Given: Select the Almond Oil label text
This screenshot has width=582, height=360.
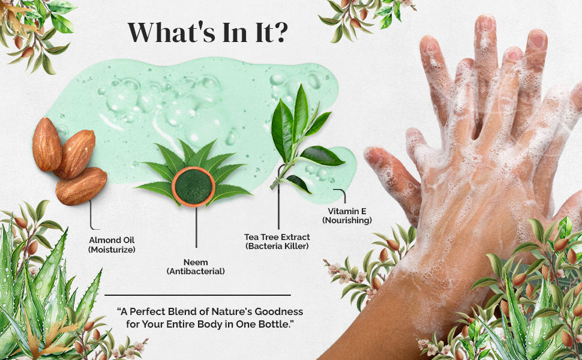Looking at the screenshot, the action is point(112,240).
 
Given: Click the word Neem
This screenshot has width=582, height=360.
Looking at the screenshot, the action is point(196,262).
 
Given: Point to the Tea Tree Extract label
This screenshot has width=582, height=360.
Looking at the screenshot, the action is point(277,237).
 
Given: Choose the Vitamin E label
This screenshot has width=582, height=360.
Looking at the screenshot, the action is point(347,211).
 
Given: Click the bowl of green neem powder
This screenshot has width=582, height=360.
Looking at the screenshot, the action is point(193,187).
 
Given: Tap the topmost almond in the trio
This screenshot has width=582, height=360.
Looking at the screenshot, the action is point(47,145).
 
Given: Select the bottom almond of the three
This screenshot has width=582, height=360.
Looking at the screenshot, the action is point(81,187).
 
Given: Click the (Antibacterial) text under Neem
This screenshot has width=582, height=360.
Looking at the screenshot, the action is point(196,271).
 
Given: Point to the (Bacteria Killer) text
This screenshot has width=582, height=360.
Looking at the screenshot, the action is point(277,246).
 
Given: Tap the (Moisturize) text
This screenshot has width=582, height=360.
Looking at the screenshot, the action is point(112,250).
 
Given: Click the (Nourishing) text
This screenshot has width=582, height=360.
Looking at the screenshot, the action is point(347,220).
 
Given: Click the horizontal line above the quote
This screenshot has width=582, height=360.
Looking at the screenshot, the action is point(197,295).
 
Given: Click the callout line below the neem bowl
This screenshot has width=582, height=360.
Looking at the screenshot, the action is point(196,227).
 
